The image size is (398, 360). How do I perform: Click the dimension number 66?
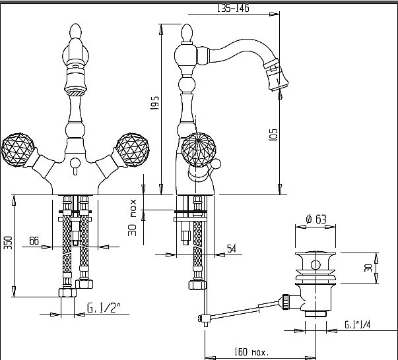[34, 241]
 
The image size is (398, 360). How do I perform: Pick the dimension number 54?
[231, 248]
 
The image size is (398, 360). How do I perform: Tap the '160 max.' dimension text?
[250, 351]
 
